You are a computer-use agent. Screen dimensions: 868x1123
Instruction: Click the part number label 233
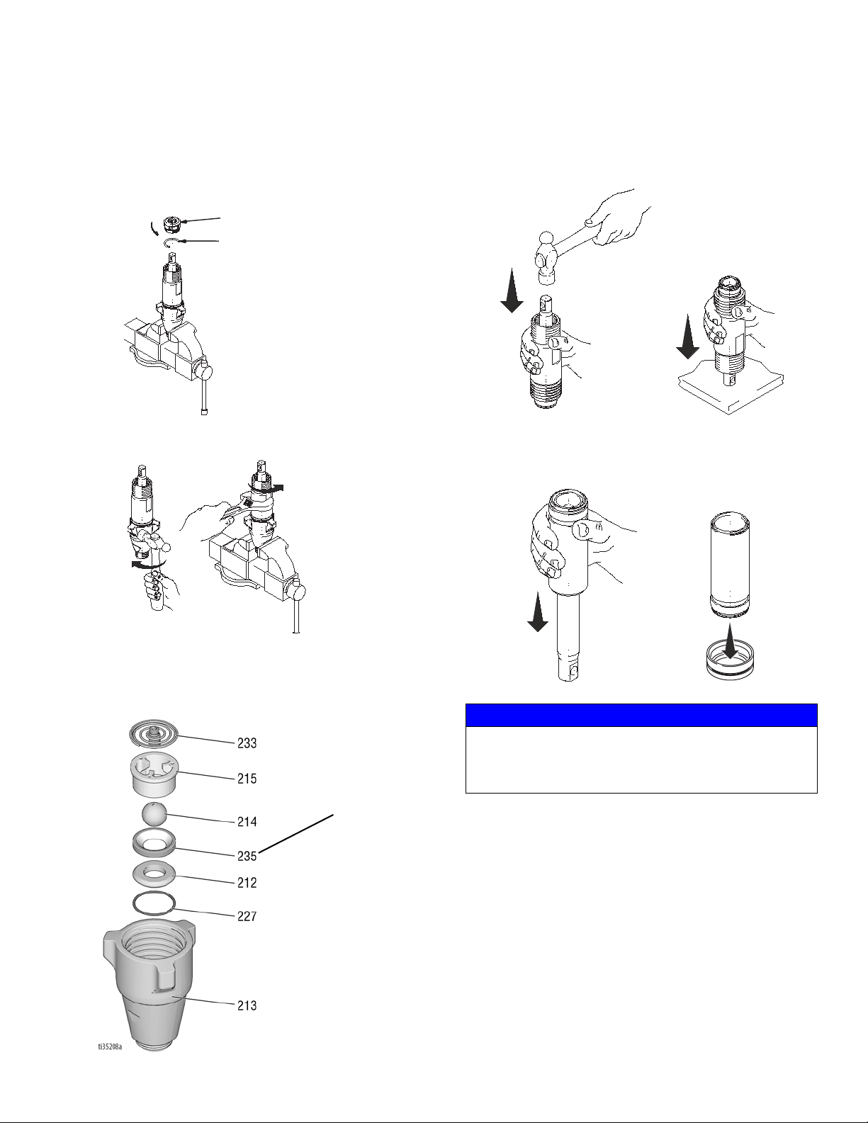tap(247, 743)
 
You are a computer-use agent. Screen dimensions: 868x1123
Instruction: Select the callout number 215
tap(247, 779)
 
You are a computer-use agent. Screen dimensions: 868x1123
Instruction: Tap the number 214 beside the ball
tap(247, 822)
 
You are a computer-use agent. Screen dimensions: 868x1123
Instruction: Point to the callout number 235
tap(247, 857)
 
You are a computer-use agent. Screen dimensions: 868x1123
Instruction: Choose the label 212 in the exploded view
tap(247, 883)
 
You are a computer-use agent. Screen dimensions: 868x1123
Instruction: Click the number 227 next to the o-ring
tap(247, 916)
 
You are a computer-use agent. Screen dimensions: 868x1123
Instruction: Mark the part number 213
tap(247, 1005)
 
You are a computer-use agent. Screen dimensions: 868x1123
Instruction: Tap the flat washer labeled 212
tap(154, 875)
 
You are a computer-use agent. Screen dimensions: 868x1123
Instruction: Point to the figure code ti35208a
tap(111, 1046)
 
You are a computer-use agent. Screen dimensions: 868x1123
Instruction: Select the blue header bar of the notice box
tap(641, 715)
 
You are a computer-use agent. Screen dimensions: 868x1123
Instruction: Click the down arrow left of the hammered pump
tap(512, 290)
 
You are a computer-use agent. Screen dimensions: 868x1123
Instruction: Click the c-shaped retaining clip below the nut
tap(171, 243)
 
